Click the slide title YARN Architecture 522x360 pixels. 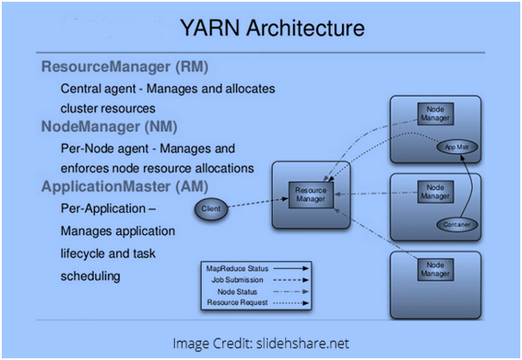click(x=271, y=28)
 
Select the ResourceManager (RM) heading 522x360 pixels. click(x=124, y=66)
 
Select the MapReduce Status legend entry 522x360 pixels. click(x=233, y=268)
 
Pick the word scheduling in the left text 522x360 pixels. click(x=90, y=276)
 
